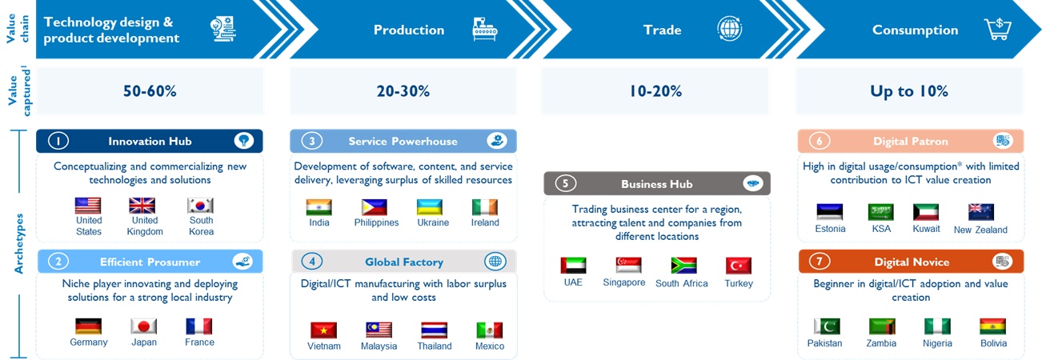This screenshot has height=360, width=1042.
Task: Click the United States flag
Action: pyautogui.click(x=88, y=206)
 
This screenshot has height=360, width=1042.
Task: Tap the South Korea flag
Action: pyautogui.click(x=200, y=206)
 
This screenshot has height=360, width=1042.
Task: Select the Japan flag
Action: pyautogui.click(x=144, y=326)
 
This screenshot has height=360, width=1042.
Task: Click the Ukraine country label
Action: pyautogui.click(x=433, y=222)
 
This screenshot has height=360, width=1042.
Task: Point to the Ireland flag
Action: pyautogui.click(x=485, y=207)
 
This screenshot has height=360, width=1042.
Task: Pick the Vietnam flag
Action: pyautogui.click(x=323, y=330)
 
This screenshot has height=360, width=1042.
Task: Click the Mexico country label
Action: pyautogui.click(x=490, y=346)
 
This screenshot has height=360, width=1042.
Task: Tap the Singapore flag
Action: pyautogui.click(x=628, y=265)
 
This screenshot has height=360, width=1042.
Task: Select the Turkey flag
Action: pyautogui.click(x=738, y=266)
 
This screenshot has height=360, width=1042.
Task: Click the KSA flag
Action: pyautogui.click(x=881, y=212)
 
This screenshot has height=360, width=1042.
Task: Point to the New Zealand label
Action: pyautogui.click(x=980, y=230)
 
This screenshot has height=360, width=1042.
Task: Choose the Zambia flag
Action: pyautogui.click(x=882, y=326)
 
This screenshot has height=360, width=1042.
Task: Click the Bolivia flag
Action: pyautogui.click(x=992, y=326)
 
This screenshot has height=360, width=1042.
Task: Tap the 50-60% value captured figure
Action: pyautogui.click(x=150, y=91)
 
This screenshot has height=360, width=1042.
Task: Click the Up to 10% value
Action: pyautogui.click(x=909, y=91)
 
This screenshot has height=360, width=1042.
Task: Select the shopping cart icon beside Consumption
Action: pyautogui.click(x=998, y=30)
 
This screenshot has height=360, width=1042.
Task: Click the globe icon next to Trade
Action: pyautogui.click(x=729, y=29)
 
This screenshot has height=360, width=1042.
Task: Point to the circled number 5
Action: pyautogui.click(x=565, y=183)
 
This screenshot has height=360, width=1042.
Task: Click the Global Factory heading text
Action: pyautogui.click(x=404, y=262)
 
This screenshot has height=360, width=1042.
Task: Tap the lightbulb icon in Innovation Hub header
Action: pyautogui.click(x=243, y=141)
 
